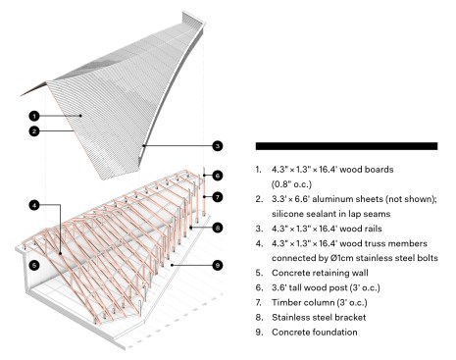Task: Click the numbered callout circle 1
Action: [34, 116]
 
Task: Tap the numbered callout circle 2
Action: [34, 131]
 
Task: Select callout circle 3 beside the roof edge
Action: [218, 146]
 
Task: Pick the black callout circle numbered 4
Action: [34, 205]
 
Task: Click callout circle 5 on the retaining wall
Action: [34, 265]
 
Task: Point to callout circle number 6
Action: [218, 176]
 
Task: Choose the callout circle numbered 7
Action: [218, 197]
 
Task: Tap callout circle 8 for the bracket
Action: [218, 228]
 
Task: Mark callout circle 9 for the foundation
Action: [218, 265]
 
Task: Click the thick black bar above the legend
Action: [346, 146]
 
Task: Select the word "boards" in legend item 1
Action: [380, 170]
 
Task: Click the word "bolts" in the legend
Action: [428, 258]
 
